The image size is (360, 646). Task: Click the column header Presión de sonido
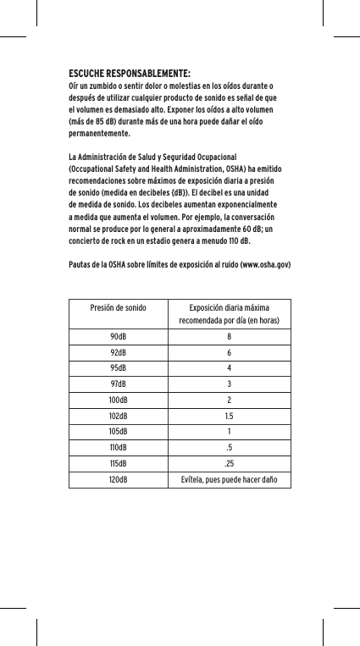[117, 307]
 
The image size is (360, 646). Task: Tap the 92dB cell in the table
[117, 352]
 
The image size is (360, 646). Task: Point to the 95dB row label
[117, 368]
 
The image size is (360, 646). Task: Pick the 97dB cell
[117, 384]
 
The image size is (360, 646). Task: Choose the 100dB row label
[117, 400]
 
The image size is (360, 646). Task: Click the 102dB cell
[117, 417]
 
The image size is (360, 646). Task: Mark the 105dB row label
[117, 433]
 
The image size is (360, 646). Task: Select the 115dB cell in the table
[117, 465]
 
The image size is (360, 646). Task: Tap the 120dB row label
[117, 481]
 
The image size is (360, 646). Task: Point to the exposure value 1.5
[229, 417]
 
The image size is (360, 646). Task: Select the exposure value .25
[229, 465]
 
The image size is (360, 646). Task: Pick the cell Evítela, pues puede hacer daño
[229, 481]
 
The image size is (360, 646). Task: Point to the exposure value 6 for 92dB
[229, 352]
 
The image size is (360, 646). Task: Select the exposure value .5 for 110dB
[229, 449]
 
